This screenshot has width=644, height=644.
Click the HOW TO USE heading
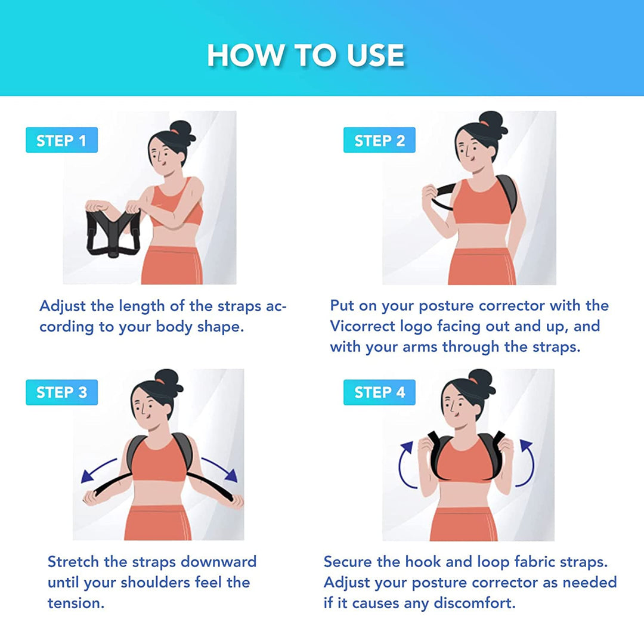point(305,55)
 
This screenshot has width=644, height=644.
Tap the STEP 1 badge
point(61,141)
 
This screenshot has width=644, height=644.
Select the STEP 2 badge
point(379,141)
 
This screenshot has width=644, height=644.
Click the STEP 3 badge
point(61,392)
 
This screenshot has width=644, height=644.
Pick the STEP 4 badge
point(379,392)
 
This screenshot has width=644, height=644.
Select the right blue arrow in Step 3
point(219,469)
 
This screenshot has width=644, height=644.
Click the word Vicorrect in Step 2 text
point(361,326)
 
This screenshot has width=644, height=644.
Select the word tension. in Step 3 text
point(76,603)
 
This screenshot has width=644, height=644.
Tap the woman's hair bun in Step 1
point(182,130)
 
